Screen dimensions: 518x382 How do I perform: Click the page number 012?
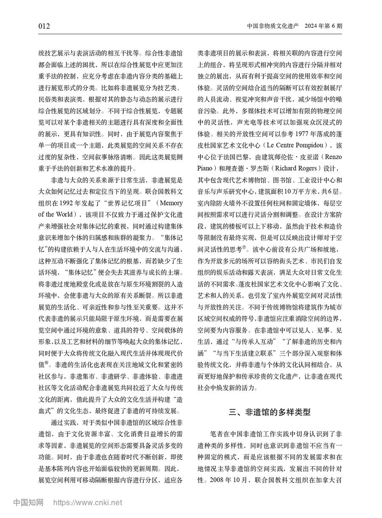pyautogui.click(x=44, y=26)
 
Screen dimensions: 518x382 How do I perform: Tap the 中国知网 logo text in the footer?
pyautogui.click(x=28, y=503)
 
